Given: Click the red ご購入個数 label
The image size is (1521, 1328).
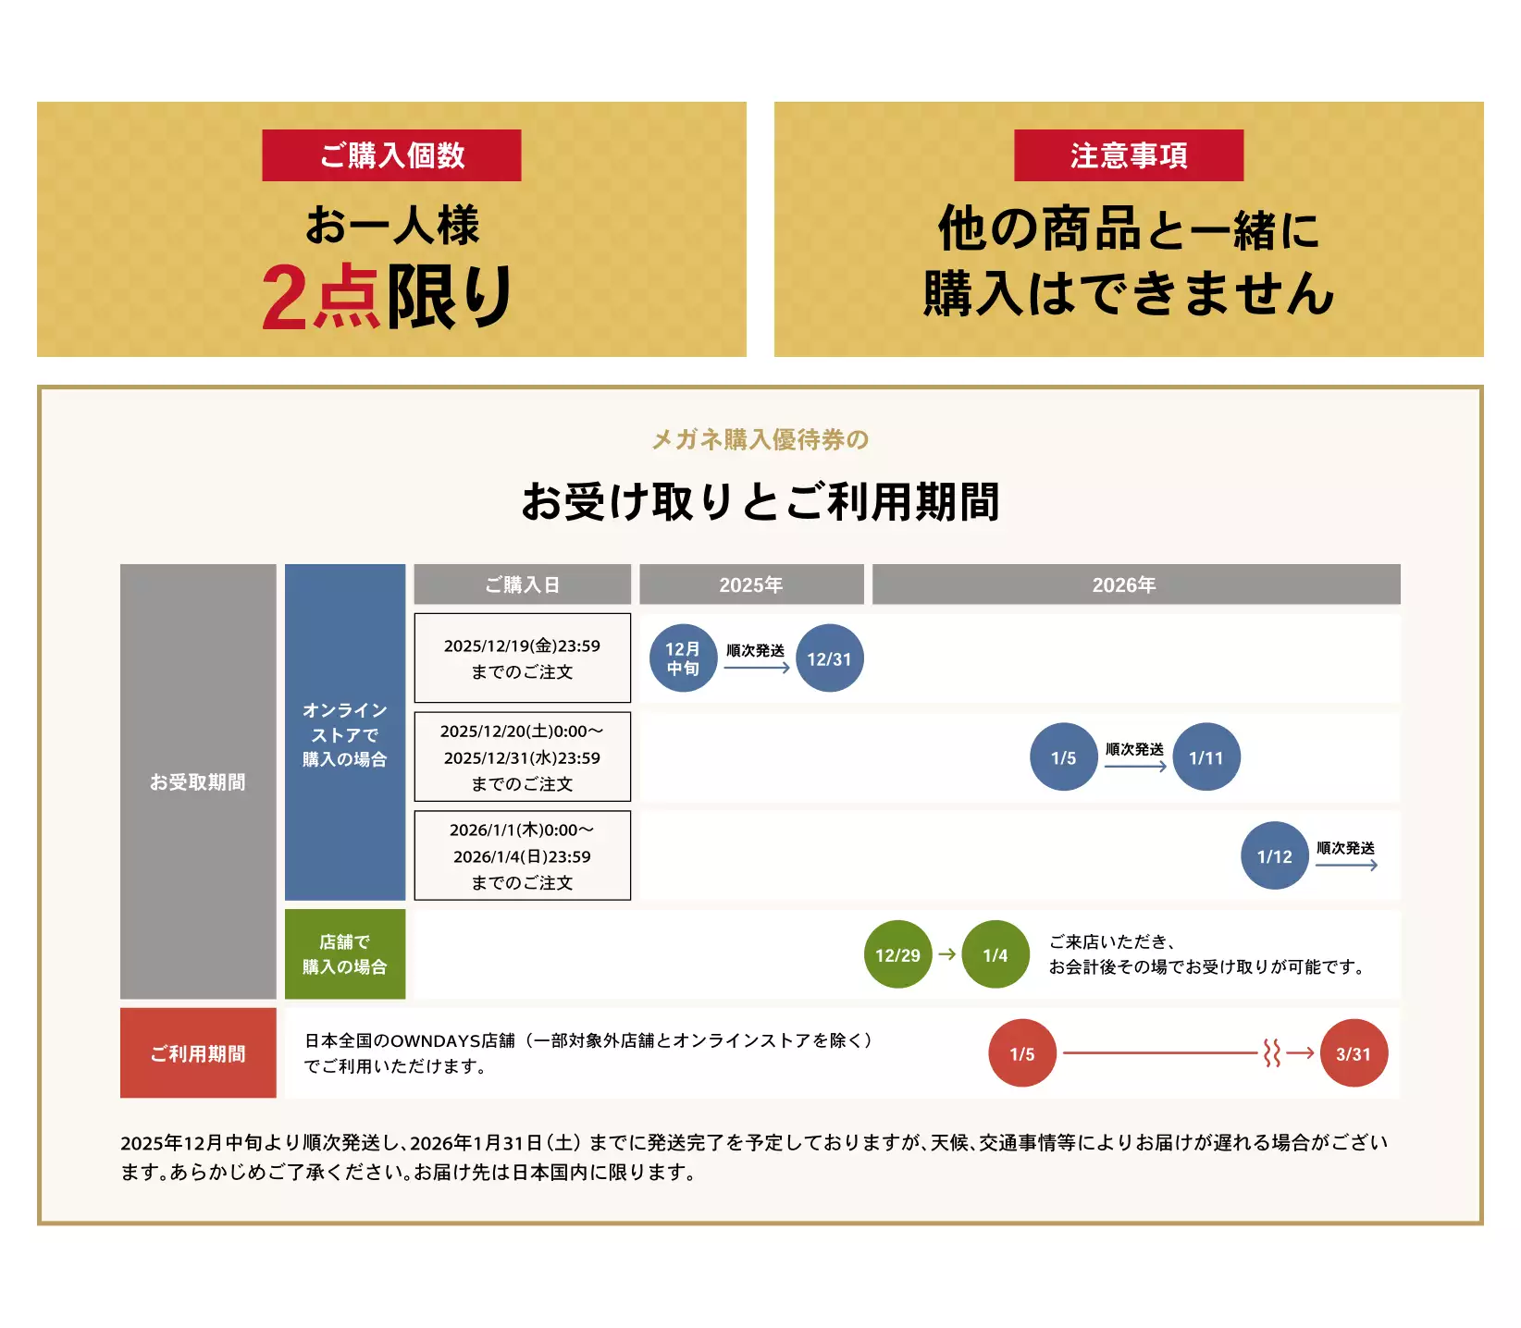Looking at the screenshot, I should pos(391,155).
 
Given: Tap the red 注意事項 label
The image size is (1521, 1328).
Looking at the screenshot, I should pos(1128,155).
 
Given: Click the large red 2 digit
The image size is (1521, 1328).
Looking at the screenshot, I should pos(284,298).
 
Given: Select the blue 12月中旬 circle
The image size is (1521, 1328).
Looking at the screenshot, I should pos(683,658).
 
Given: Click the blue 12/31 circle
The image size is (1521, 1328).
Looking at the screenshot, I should pos(829,658).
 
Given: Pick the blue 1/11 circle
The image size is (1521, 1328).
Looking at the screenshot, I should pos(1206,757).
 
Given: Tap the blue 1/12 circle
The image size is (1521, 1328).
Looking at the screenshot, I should pos(1274,856).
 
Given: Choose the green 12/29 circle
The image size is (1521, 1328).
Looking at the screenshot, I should pos(897,954).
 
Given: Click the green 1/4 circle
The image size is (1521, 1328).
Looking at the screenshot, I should pos(995,954).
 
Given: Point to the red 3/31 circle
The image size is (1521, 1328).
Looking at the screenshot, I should pos(1354,1053).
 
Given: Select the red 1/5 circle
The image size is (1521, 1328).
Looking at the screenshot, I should pos(1022,1053).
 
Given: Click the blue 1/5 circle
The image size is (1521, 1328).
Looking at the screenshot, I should pos(1063,757).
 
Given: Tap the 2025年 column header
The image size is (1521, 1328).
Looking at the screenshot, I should pos(751,584).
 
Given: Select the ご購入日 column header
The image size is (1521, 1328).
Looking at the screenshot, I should pos(522,584).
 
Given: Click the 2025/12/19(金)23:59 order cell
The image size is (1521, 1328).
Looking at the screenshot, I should pos(522,658).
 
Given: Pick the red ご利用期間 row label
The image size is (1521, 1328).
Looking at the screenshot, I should pos(198,1053).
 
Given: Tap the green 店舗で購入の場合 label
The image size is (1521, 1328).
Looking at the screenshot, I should pos(344,954).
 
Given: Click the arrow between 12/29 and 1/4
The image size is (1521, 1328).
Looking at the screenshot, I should pos(946,954).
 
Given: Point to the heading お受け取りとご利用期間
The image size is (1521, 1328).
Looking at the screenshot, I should pos(760,501).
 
